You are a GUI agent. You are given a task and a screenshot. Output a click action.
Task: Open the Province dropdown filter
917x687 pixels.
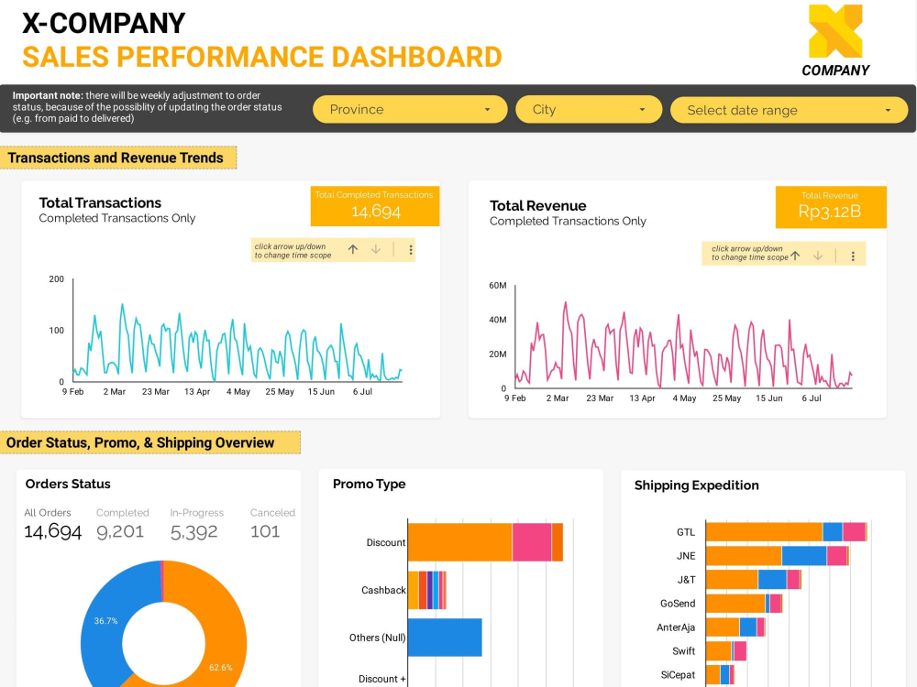pyautogui.click(x=409, y=110)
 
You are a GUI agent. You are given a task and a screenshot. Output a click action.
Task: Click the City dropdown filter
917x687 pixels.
pyautogui.click(x=588, y=110)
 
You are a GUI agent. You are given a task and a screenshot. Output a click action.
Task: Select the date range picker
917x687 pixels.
pyautogui.click(x=789, y=111)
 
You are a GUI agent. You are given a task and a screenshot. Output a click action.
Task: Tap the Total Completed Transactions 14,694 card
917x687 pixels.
pyautogui.click(x=375, y=206)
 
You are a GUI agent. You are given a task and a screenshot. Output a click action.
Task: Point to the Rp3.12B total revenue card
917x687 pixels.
pyautogui.click(x=830, y=207)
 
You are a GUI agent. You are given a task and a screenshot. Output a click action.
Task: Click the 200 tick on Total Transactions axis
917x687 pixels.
pyautogui.click(x=57, y=278)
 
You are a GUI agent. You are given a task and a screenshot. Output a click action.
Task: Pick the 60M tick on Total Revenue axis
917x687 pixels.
pyautogui.click(x=497, y=286)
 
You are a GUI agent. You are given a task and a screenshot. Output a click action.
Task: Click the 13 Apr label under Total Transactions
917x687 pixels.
pyautogui.click(x=197, y=392)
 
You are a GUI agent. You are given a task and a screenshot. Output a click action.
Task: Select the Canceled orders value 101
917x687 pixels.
pyautogui.click(x=265, y=531)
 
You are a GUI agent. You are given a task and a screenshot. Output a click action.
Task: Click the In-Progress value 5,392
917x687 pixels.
pyautogui.click(x=194, y=531)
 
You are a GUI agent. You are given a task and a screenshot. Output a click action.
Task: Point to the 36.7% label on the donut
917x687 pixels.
pyautogui.click(x=105, y=620)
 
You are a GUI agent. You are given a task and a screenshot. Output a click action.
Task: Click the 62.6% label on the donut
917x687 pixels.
pyautogui.click(x=220, y=668)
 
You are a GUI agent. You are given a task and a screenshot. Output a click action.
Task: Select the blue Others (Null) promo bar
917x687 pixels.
pyautogui.click(x=445, y=638)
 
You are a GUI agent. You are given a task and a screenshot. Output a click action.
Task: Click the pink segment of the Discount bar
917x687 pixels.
pyautogui.click(x=532, y=542)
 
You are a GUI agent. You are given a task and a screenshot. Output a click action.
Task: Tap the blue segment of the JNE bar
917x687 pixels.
pyautogui.click(x=803, y=556)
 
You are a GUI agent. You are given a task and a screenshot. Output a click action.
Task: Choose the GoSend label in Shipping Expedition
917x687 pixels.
pyautogui.click(x=678, y=604)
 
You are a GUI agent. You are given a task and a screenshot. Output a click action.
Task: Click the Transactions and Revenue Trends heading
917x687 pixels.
pyautogui.click(x=116, y=158)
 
